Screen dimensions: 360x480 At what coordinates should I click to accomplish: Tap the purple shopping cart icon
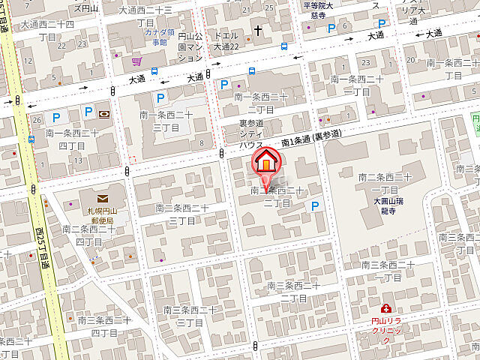click(136, 61)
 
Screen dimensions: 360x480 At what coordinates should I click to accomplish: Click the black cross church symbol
click(259, 31)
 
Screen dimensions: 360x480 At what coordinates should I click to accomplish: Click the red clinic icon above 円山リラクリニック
click(385, 307)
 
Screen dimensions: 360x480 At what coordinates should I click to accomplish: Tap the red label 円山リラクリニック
click(386, 330)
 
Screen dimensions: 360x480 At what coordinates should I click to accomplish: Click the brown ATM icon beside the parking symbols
click(103, 114)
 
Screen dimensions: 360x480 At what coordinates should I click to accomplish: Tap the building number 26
click(36, 120)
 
